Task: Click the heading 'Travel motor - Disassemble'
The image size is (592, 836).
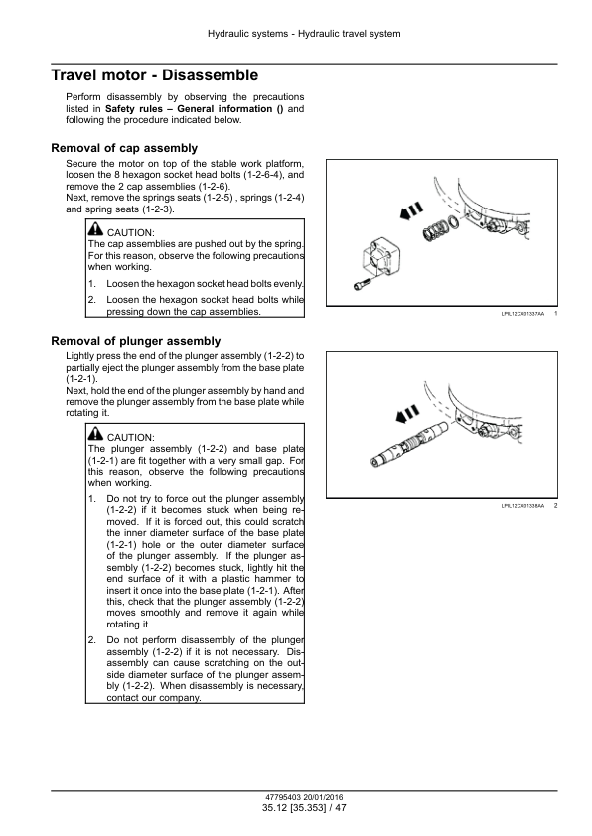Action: pyautogui.click(x=155, y=75)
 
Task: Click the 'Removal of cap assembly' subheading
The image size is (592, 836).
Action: pyautogui.click(x=124, y=148)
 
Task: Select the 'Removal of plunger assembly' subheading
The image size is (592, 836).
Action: pyautogui.click(x=136, y=341)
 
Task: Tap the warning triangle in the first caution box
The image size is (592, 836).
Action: pyautogui.click(x=95, y=229)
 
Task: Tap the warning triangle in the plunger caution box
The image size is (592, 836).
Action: pyautogui.click(x=95, y=434)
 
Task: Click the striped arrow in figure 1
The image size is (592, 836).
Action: pyautogui.click(x=411, y=211)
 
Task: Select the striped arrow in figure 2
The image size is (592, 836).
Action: pyautogui.click(x=407, y=414)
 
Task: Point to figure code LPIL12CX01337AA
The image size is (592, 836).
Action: pyautogui.click(x=522, y=315)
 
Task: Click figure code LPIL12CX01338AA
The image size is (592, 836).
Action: pyautogui.click(x=522, y=506)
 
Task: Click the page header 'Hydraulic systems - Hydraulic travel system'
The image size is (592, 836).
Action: pyautogui.click(x=304, y=34)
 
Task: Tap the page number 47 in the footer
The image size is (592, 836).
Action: pyautogui.click(x=341, y=808)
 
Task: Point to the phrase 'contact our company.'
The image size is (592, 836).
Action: pyautogui.click(x=154, y=698)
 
